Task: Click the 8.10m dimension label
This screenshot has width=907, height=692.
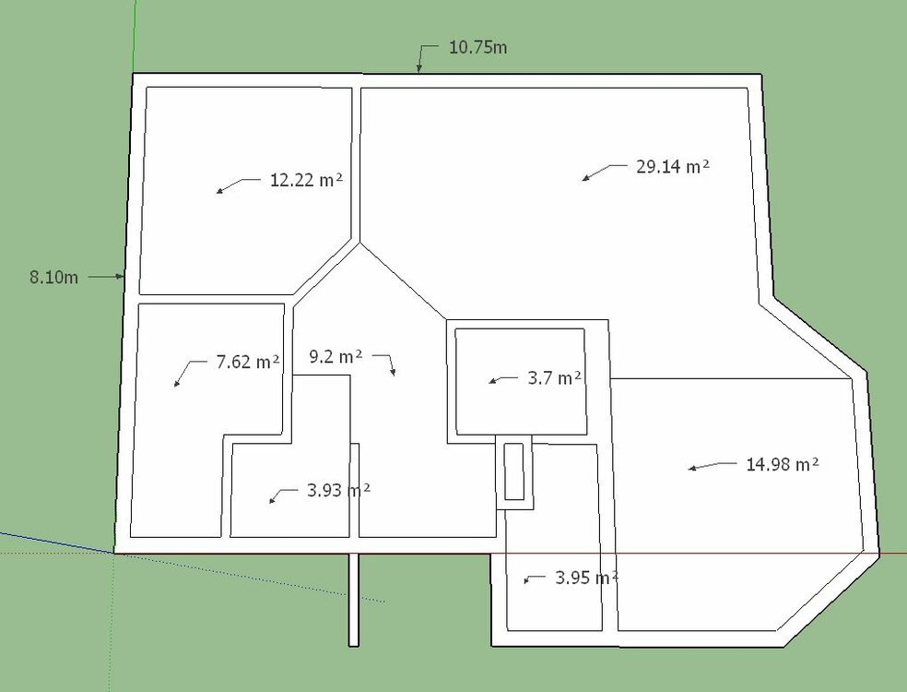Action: (x=53, y=277)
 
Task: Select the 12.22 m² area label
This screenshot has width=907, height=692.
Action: (x=306, y=180)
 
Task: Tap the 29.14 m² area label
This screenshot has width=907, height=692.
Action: (x=673, y=167)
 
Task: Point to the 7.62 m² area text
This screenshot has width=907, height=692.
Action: (x=247, y=362)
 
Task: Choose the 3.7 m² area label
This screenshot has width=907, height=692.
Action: (x=553, y=377)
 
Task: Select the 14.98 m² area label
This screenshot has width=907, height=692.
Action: (x=783, y=464)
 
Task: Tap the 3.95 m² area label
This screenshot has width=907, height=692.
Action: (x=585, y=579)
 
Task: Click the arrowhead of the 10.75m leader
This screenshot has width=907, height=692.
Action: (x=418, y=71)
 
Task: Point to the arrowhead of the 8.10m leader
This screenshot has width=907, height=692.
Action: (x=122, y=276)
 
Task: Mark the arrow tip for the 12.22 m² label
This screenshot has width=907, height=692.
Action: (x=218, y=192)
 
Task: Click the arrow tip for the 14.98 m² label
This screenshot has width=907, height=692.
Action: (x=689, y=470)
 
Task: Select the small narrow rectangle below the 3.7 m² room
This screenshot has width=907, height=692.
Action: (x=514, y=471)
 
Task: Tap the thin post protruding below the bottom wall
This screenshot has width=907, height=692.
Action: (x=353, y=600)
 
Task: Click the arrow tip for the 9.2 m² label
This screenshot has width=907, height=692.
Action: (x=394, y=374)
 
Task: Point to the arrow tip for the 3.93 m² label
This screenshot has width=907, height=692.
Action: (x=270, y=502)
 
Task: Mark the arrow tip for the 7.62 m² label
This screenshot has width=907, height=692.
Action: (x=175, y=386)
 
